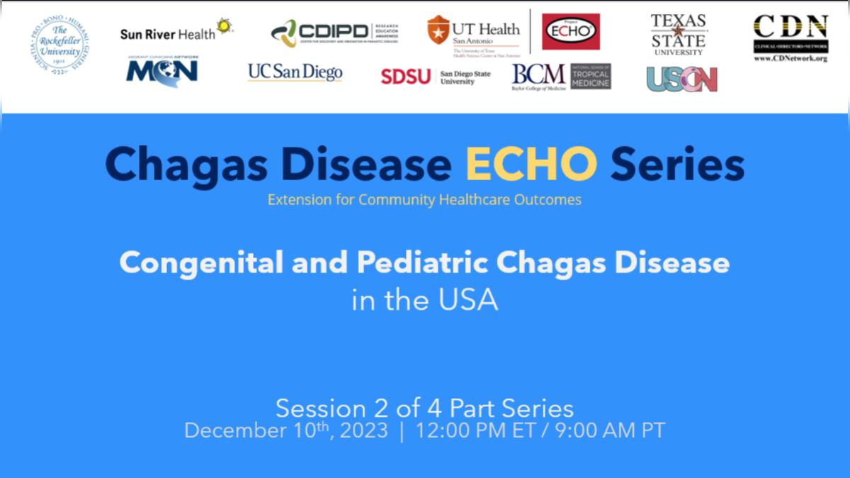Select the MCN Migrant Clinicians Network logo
pyautogui.click(x=162, y=70)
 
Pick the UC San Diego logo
pyautogui.click(x=295, y=72)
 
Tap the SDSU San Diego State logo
pyautogui.click(x=435, y=77)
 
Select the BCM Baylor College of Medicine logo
pyautogui.click(x=561, y=77)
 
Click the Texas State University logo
pyautogui.click(x=678, y=34)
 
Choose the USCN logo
pyautogui.click(x=681, y=79)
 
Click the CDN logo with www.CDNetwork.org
pyautogui.click(x=790, y=38)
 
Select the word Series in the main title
pyautogui.click(x=677, y=165)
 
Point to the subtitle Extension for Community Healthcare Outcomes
pyautogui.click(x=424, y=200)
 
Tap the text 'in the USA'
pyautogui.click(x=424, y=300)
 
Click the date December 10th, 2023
pyautogui.click(x=285, y=430)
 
